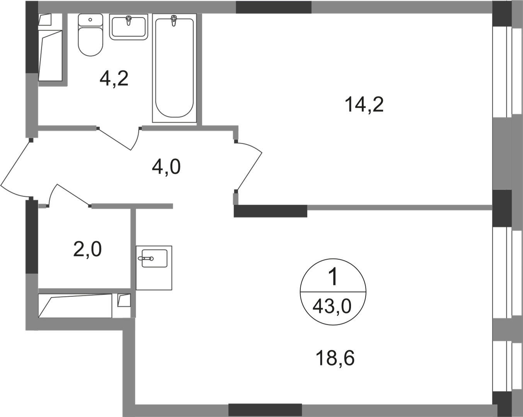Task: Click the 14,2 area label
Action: click(x=364, y=104)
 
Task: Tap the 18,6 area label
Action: click(x=335, y=358)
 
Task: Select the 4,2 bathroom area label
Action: click(x=114, y=78)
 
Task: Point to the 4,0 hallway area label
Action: click(x=166, y=167)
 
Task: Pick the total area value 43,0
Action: click(x=332, y=306)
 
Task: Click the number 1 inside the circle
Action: click(x=334, y=276)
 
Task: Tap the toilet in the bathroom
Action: click(x=90, y=35)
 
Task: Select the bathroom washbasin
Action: click(x=129, y=27)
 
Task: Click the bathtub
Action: click(x=174, y=68)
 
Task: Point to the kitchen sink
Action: click(x=154, y=268)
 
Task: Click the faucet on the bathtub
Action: click(x=174, y=20)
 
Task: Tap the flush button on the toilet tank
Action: click(x=90, y=20)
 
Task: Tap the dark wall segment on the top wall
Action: click(x=274, y=7)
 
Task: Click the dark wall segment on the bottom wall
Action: click(x=265, y=410)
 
